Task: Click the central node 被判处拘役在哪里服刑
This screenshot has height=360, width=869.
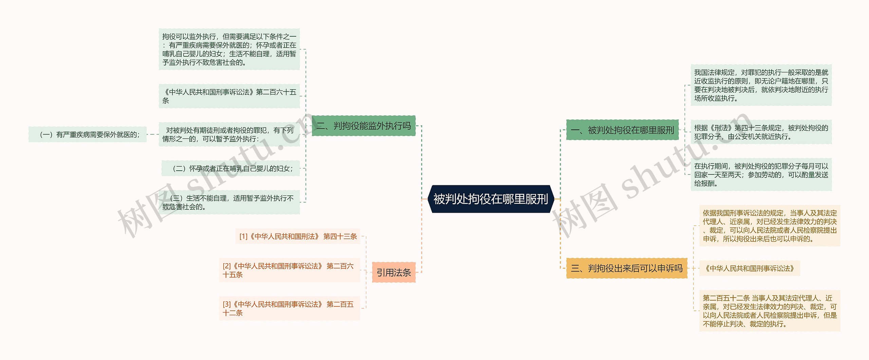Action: click(x=491, y=199)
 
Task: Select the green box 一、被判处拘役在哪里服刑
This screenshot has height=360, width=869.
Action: click(x=622, y=130)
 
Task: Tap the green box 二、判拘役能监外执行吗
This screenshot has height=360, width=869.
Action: click(x=364, y=126)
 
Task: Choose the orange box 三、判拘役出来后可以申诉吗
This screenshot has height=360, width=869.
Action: click(x=626, y=268)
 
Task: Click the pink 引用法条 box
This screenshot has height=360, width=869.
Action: click(x=393, y=272)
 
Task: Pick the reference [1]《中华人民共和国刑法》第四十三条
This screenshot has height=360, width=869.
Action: click(x=298, y=236)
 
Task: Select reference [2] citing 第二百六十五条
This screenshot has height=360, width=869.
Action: click(x=289, y=270)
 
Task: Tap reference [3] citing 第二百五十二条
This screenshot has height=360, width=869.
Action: click(x=289, y=308)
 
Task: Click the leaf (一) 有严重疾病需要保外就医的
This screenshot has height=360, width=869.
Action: click(x=88, y=135)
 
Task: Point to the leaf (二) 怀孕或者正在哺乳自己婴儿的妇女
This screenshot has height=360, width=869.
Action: click(x=231, y=169)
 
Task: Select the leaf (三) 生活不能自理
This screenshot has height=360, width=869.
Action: click(x=229, y=203)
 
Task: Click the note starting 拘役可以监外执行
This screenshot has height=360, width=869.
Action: click(x=229, y=50)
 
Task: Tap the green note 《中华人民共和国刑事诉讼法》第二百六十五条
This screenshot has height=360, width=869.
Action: click(x=229, y=96)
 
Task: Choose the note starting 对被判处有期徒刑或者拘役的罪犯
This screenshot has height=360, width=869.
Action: click(x=229, y=135)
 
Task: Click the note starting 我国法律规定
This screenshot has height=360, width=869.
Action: click(x=761, y=85)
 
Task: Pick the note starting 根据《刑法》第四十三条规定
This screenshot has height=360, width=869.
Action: click(x=761, y=132)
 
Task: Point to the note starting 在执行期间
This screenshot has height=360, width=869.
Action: click(x=761, y=175)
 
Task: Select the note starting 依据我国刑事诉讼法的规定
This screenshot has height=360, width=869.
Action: click(x=770, y=226)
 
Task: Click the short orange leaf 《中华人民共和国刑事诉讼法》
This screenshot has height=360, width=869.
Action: click(x=750, y=268)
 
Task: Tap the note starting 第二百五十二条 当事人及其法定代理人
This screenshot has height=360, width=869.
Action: click(x=770, y=311)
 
